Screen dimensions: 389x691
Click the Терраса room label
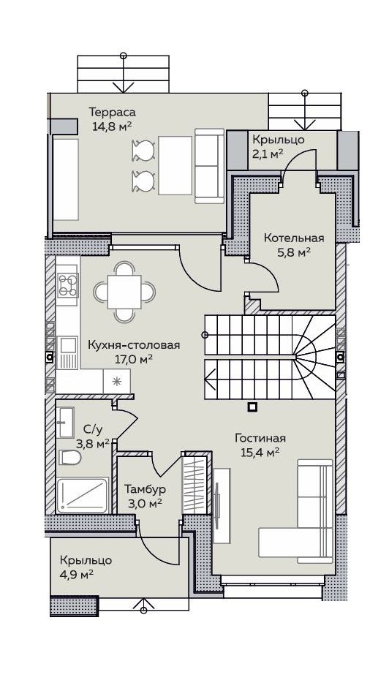[x=112, y=112]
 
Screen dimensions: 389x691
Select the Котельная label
[x=294, y=238]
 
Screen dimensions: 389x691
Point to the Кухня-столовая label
[x=134, y=344]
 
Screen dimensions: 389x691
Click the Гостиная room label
[x=260, y=438]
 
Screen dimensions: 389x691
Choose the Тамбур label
[x=145, y=489]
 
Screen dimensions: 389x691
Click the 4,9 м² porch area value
[x=77, y=575]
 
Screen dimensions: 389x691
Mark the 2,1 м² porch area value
[x=267, y=154]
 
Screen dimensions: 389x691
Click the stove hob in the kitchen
[x=68, y=285]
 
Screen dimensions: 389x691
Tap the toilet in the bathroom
[x=70, y=458]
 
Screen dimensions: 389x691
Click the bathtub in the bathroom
[x=83, y=495]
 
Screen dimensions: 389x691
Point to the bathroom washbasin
[x=67, y=422]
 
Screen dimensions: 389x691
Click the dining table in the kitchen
[x=125, y=292]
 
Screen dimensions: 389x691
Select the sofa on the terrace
[x=210, y=166]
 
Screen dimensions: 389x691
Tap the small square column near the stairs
[x=252, y=407]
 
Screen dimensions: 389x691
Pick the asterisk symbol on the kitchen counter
[x=117, y=381]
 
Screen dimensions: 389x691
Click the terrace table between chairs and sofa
[x=175, y=165]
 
